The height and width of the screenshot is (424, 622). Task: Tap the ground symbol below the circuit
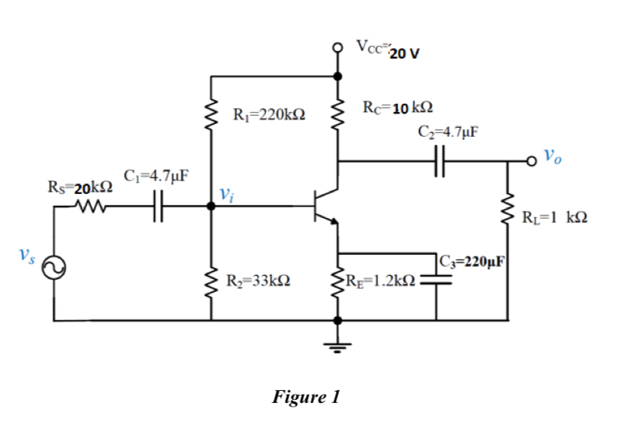click(337, 346)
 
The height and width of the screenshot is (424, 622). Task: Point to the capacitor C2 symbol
click(439, 160)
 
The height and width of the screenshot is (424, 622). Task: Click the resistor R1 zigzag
click(213, 115)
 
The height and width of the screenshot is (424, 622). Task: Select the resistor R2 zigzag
click(213, 282)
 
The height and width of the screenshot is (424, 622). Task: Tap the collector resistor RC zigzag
click(337, 115)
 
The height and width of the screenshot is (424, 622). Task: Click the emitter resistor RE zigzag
click(337, 282)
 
